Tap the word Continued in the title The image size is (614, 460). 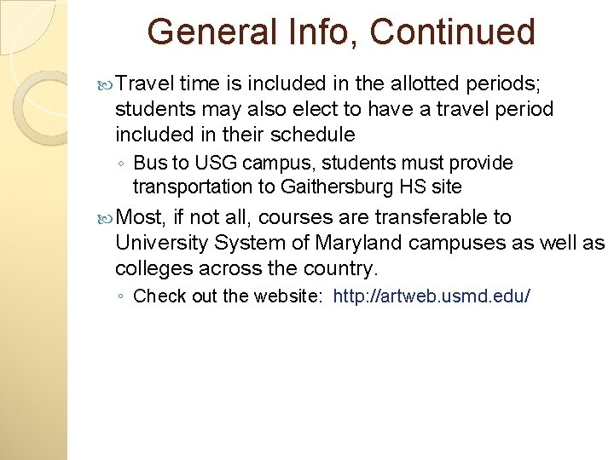pyautogui.click(x=452, y=32)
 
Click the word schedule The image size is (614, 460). pyautogui.click(x=312, y=135)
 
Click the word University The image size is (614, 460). pyautogui.click(x=162, y=244)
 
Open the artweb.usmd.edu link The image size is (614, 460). pyautogui.click(x=432, y=296)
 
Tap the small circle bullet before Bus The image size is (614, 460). pyautogui.click(x=125, y=164)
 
